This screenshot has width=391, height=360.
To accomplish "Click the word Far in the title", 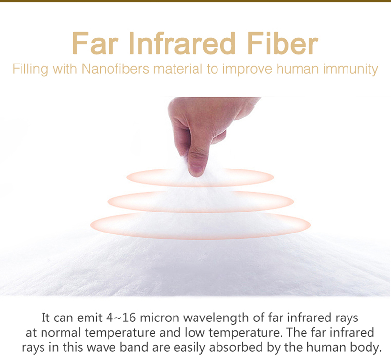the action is pyautogui.click(x=95, y=43).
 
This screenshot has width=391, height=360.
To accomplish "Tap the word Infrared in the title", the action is pyautogui.click(x=182, y=43).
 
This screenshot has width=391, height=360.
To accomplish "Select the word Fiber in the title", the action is pyautogui.click(x=283, y=43).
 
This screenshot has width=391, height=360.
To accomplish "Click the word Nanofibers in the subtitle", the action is pyautogui.click(x=115, y=69).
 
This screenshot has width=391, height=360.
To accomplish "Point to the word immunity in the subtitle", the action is pyautogui.click(x=350, y=69).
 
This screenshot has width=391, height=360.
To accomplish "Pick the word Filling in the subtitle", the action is pyautogui.click(x=30, y=69).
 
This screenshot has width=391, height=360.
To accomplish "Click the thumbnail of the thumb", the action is pyautogui.click(x=196, y=169).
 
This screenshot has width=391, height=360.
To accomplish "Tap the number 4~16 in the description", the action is pyautogui.click(x=121, y=318).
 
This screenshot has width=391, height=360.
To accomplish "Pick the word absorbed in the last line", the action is pyautogui.click(x=236, y=347).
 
